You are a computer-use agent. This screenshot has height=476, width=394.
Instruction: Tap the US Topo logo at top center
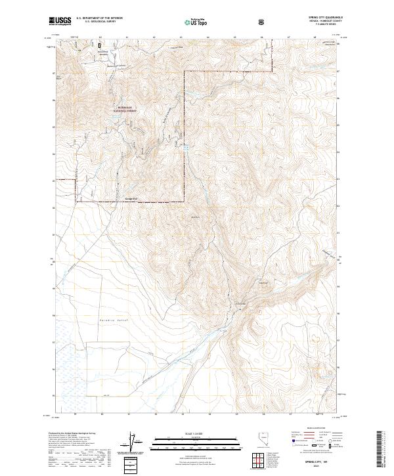coord(194,22)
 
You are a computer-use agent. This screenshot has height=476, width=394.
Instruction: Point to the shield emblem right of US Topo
coord(226,22)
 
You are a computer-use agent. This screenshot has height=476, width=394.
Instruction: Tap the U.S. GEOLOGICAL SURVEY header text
coord(95,24)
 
